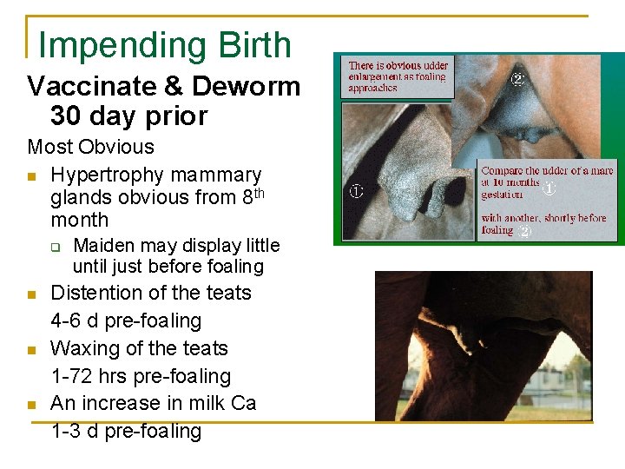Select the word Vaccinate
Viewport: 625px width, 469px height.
(x=95, y=87)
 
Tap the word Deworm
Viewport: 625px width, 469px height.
(x=247, y=87)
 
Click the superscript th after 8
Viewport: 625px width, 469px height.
(x=257, y=191)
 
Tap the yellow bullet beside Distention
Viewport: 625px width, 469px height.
(x=32, y=294)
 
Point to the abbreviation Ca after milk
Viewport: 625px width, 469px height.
(x=242, y=403)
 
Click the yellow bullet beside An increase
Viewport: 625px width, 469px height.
(x=32, y=404)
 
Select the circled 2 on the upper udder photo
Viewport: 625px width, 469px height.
(x=517, y=79)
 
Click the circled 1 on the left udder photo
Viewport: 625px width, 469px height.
(x=356, y=191)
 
